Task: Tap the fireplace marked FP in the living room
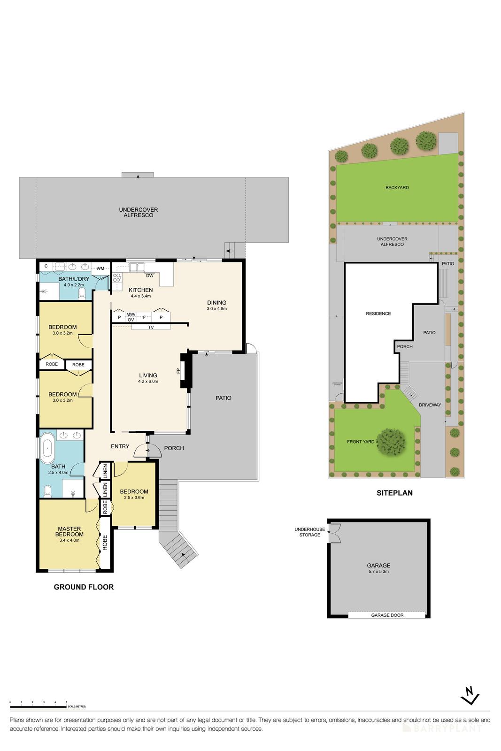tap(184, 371)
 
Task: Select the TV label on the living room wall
tap(151, 327)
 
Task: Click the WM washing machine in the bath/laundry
tap(100, 268)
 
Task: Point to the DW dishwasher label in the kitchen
tap(149, 276)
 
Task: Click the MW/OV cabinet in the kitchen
tap(131, 317)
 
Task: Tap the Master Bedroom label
tap(69, 534)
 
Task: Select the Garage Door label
tap(387, 615)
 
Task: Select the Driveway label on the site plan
tap(430, 405)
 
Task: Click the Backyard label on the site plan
tap(397, 187)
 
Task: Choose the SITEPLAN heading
tap(394, 493)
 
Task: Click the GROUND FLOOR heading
tap(84, 587)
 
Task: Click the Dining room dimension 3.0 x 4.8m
tap(216, 309)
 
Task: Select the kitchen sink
tap(138, 267)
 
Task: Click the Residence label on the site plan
tap(378, 314)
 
